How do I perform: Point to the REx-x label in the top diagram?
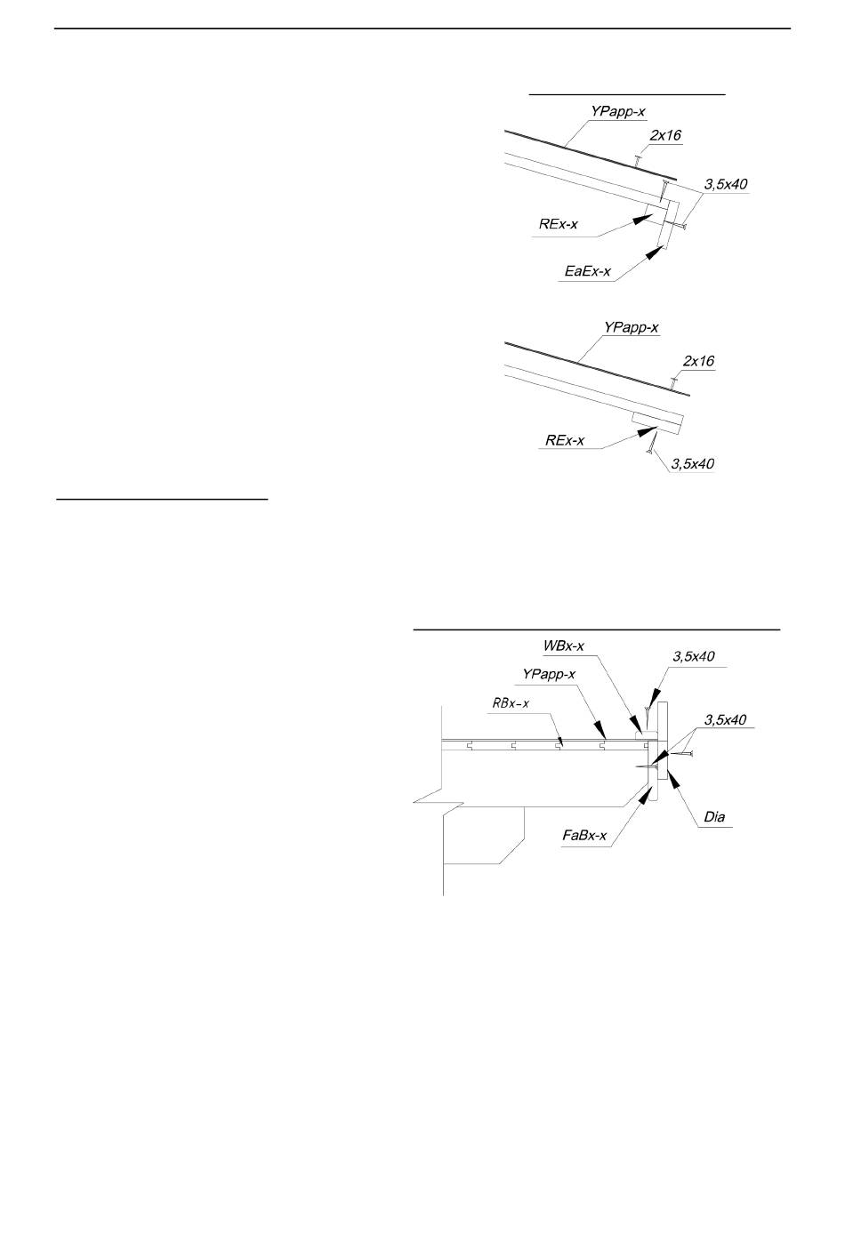click(x=558, y=224)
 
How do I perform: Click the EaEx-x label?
click(x=588, y=272)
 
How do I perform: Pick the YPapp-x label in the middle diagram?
click(x=631, y=328)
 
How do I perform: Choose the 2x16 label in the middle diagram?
click(x=698, y=361)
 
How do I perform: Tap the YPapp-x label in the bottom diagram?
click(x=549, y=674)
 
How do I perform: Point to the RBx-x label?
click(x=511, y=703)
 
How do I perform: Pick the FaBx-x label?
click(x=584, y=835)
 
